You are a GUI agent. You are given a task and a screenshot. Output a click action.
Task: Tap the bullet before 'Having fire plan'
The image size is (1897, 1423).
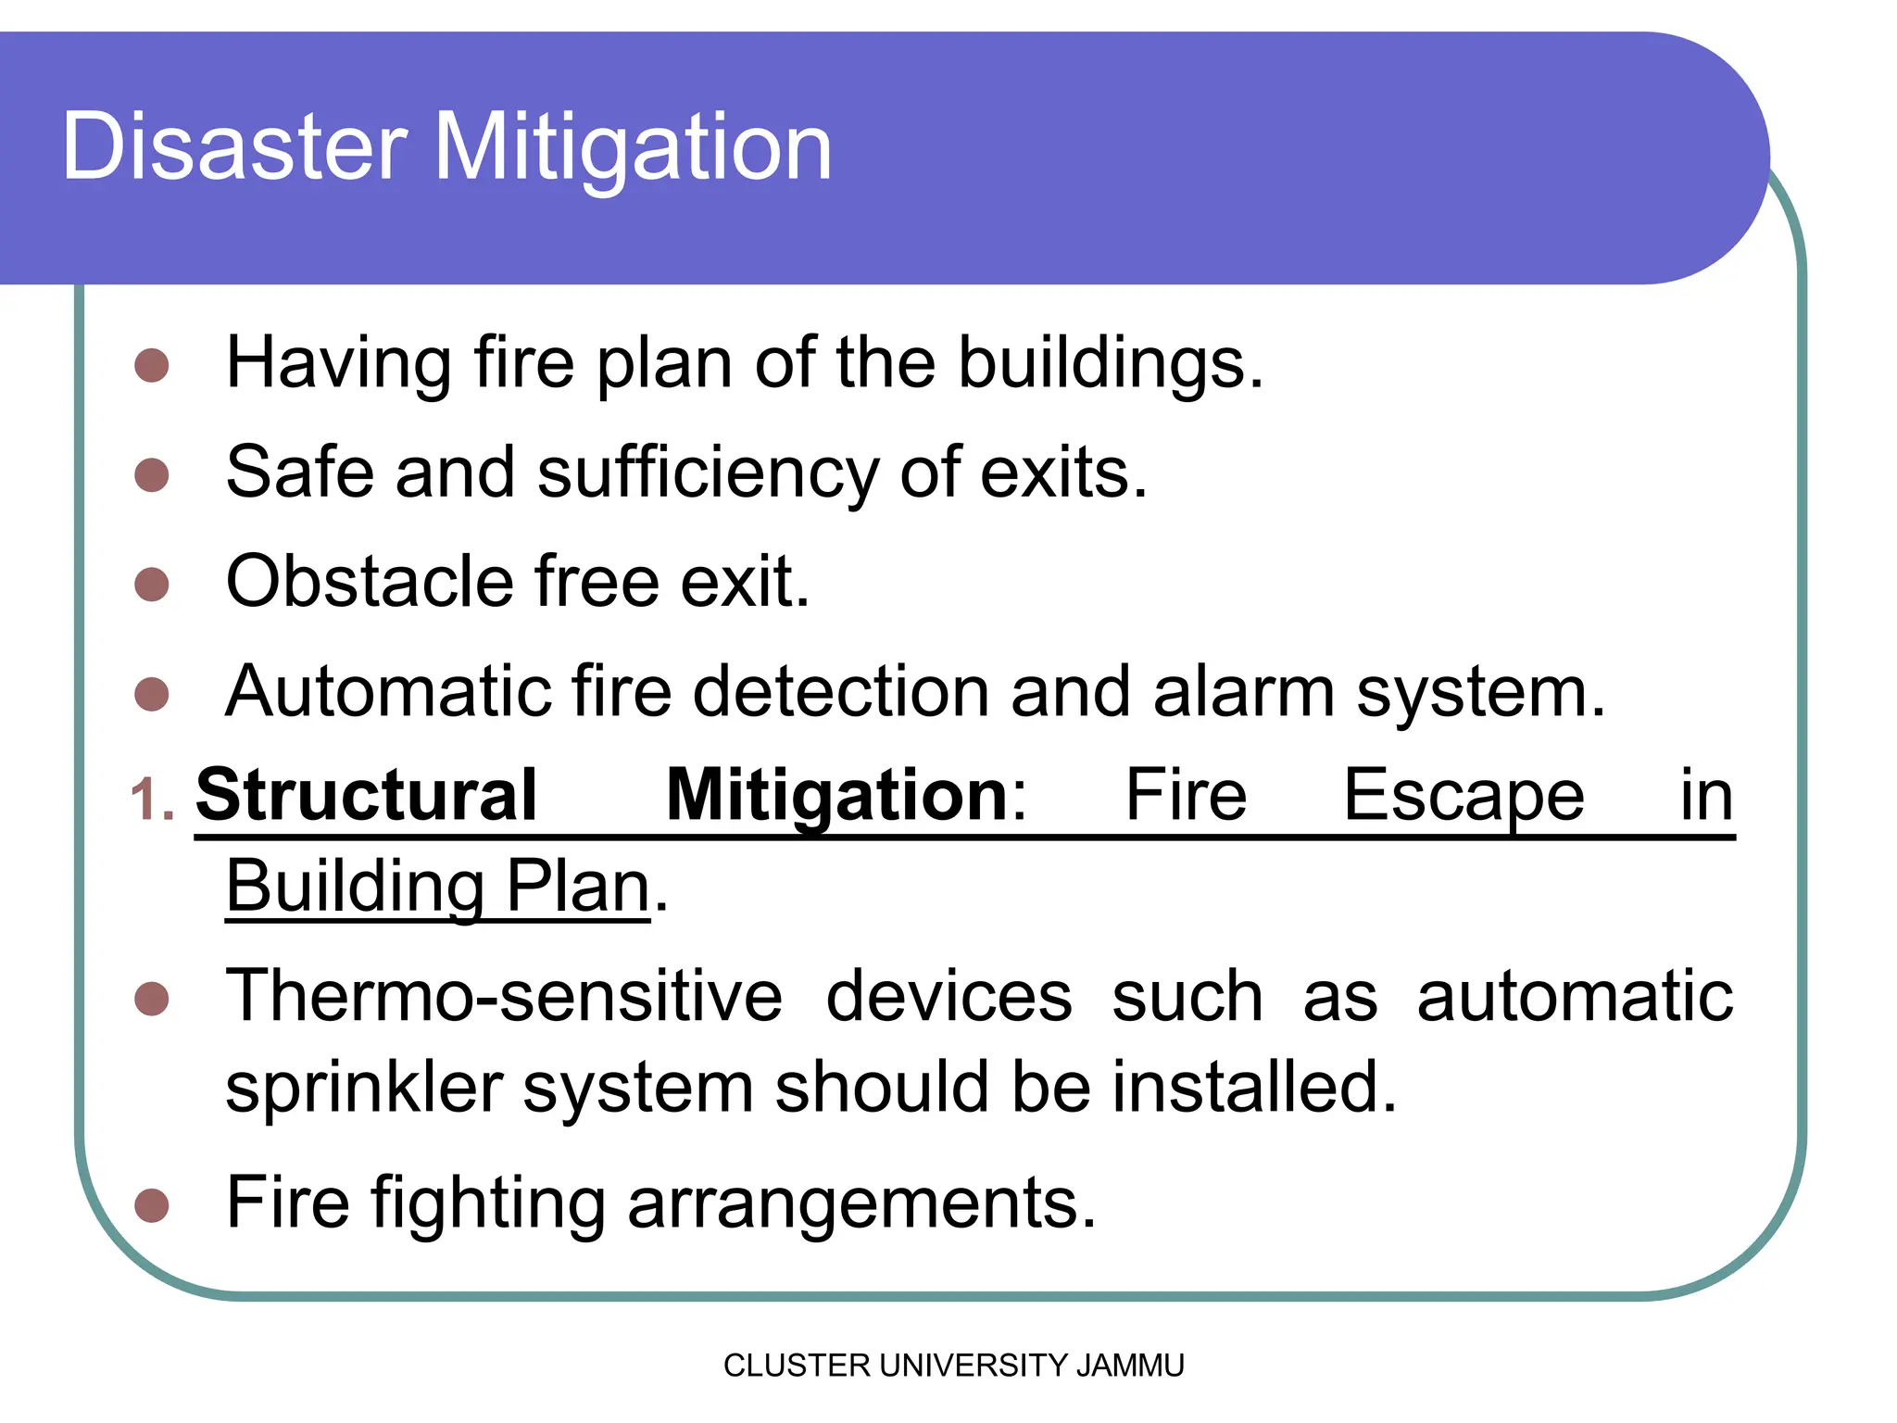[x=151, y=365]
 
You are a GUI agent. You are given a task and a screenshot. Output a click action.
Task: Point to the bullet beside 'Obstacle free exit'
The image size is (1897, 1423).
[x=151, y=585]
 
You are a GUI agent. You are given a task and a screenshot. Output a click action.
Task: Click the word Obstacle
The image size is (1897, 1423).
[x=369, y=582]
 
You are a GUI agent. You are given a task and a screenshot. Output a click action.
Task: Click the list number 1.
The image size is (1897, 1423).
[x=151, y=800]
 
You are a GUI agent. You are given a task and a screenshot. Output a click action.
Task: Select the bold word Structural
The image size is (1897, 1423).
[x=366, y=795]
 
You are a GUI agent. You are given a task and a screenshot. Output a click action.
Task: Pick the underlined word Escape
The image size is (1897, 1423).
[x=1464, y=795]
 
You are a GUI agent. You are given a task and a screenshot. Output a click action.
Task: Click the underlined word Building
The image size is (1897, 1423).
[x=355, y=887]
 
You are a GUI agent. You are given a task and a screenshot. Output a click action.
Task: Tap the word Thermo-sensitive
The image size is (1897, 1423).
[x=504, y=997]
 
